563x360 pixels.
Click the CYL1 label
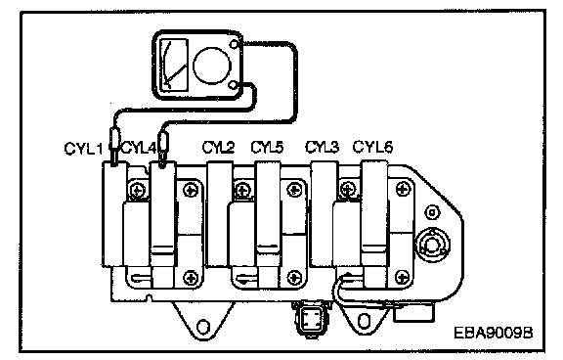click(x=83, y=149)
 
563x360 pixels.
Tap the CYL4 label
click(x=140, y=148)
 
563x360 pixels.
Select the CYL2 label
click(x=218, y=147)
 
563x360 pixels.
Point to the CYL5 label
click(x=267, y=147)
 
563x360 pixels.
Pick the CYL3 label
click(x=322, y=147)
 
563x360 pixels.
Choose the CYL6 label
click(x=372, y=147)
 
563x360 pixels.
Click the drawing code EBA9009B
click(x=494, y=333)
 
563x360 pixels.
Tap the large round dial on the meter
click(x=212, y=65)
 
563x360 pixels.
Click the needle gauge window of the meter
click(x=174, y=64)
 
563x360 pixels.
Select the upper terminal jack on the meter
click(x=234, y=45)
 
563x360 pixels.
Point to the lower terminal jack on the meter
click(x=233, y=85)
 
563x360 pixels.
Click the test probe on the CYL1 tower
click(x=114, y=147)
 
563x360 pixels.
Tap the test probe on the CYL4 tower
click(x=163, y=150)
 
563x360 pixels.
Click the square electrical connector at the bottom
click(x=310, y=319)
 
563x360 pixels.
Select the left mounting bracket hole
click(x=203, y=327)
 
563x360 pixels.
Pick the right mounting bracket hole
click(x=364, y=320)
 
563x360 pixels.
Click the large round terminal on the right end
click(x=432, y=245)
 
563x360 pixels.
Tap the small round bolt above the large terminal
click(x=432, y=212)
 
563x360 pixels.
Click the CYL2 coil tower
click(x=219, y=214)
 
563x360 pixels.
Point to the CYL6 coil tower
click(x=374, y=223)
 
